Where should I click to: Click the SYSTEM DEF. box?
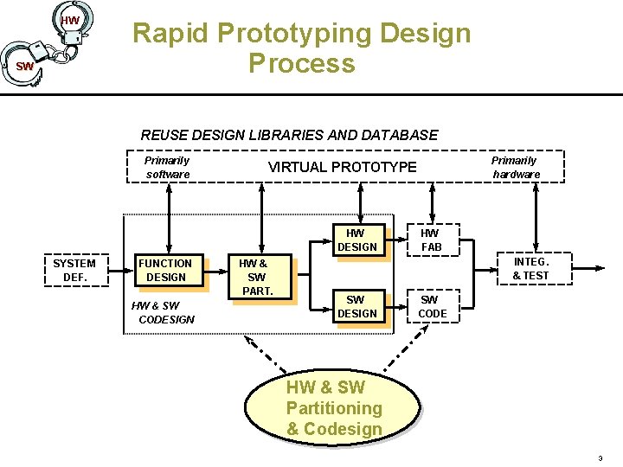pos(74,270)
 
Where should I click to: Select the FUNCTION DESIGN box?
pos(166,270)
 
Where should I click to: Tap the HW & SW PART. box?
pos(256,277)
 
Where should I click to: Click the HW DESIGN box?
pos(356,240)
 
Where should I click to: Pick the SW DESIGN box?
pos(356,306)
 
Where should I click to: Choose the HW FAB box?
pos(430,240)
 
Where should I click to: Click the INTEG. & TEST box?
pos(530,268)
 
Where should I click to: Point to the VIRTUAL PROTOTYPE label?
pos(342,167)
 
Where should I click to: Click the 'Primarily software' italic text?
pos(167,167)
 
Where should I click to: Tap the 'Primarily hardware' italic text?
pos(515,167)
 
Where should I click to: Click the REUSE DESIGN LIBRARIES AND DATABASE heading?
pos(289,135)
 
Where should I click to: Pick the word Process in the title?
pos(301,63)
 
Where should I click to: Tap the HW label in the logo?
pos(70,20)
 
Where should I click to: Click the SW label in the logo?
pos(25,67)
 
